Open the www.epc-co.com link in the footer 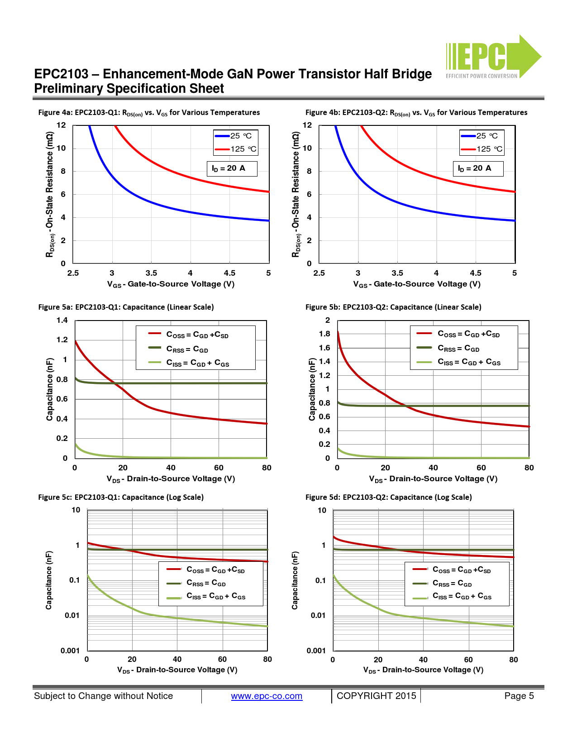pos(267,696)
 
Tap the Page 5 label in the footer pos(519,696)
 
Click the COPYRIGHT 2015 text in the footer pos(376,696)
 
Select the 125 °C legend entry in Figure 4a pos(236,149)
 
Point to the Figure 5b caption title pos(393,307)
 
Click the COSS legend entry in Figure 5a pos(189,335)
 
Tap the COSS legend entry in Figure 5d pos(453,570)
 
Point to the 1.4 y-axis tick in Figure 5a pos(62,321)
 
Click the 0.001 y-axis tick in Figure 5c pos(70,651)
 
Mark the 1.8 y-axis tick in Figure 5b pos(324,334)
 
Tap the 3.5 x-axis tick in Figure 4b pos(397,273)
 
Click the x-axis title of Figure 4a pos(171,284)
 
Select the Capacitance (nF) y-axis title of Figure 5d pos(295,580)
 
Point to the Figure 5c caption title pos(121,497)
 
